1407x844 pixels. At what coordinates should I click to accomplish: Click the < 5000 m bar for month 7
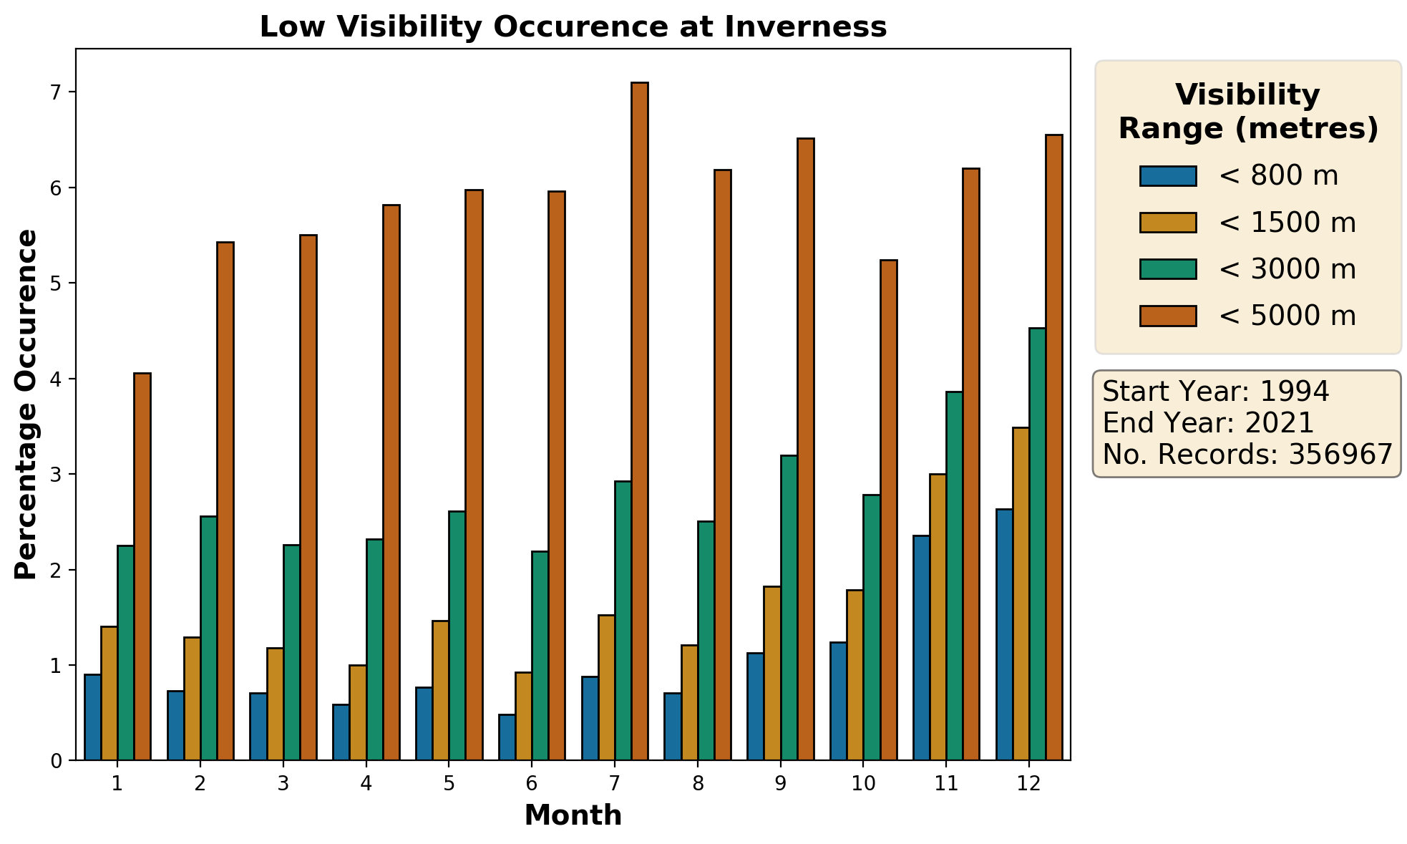pos(639,421)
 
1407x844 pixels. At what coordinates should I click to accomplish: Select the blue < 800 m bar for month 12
pos(1004,634)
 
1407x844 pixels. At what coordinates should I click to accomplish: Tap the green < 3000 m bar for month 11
pos(954,576)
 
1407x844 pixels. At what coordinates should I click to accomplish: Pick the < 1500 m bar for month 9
pos(772,673)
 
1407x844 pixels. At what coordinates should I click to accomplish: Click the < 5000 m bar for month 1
pos(142,566)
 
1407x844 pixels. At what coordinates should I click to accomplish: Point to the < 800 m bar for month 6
pos(507,737)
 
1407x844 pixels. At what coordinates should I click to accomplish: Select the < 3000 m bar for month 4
pos(374,649)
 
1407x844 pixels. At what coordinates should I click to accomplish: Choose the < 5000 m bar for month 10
pos(888,510)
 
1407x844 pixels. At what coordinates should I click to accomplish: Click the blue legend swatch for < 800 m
pos(1168,176)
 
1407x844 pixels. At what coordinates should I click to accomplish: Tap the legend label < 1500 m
pos(1287,223)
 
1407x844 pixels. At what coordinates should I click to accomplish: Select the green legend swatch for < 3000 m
pos(1168,269)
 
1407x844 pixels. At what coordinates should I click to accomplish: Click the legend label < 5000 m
pos(1287,316)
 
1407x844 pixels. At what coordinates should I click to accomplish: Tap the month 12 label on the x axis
pos(1029,784)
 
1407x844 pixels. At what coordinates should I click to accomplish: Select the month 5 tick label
pos(449,784)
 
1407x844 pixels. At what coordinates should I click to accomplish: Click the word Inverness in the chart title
pos(806,27)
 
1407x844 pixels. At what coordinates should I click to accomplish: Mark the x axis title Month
pos(573,815)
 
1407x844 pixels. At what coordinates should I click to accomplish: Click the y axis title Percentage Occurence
pos(26,404)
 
